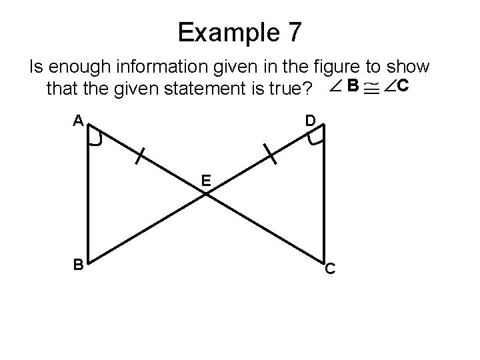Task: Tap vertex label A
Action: point(78,120)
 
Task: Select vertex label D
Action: point(311,121)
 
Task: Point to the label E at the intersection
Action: point(206,181)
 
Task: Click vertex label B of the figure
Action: point(78,265)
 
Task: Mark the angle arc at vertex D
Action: point(315,138)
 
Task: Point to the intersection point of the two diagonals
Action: point(207,193)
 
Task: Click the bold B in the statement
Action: point(353,85)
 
